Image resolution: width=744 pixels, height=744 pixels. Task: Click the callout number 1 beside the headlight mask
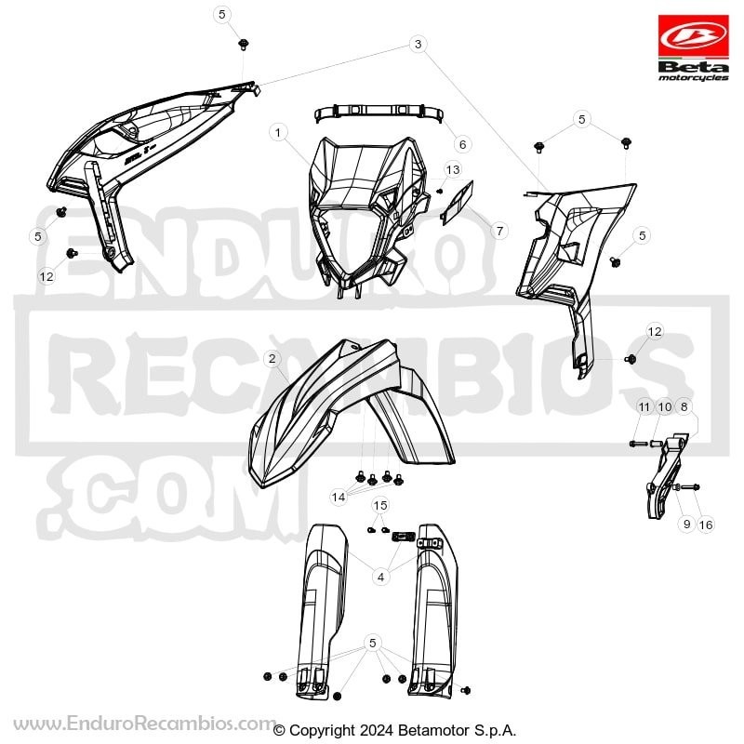click(x=278, y=132)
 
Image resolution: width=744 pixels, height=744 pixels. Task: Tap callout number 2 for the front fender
click(x=272, y=359)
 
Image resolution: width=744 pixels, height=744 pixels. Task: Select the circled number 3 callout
click(x=418, y=44)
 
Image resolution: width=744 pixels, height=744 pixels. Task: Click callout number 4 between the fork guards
click(x=380, y=577)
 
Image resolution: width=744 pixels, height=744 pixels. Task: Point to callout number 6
click(x=462, y=144)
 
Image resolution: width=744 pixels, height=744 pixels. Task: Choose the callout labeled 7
click(x=499, y=231)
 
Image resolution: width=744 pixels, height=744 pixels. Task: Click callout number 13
click(x=453, y=169)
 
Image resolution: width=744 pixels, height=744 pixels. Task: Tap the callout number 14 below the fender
click(x=339, y=498)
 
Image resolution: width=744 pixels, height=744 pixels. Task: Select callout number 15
click(x=380, y=505)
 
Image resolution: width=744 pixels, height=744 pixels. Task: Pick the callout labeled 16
click(x=706, y=525)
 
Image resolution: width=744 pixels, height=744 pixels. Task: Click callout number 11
click(x=644, y=407)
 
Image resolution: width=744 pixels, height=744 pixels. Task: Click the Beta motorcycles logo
click(x=693, y=48)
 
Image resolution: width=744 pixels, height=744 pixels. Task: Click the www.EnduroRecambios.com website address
click(x=144, y=724)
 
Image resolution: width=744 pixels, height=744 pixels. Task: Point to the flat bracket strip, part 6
click(x=379, y=113)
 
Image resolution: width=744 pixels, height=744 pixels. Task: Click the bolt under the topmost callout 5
click(x=244, y=45)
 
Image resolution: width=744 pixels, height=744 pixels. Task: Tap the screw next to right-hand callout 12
click(x=631, y=359)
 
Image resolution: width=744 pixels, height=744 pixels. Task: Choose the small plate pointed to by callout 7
click(x=457, y=203)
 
